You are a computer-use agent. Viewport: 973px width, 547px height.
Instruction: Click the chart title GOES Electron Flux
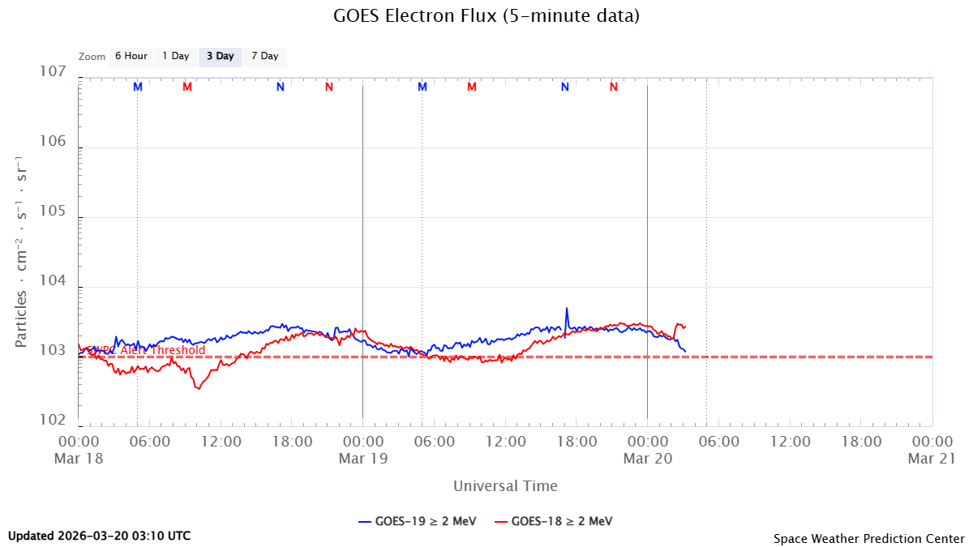486,16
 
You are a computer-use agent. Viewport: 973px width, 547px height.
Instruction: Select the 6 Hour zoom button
131,57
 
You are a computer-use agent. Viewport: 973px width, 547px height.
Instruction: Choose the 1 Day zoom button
176,57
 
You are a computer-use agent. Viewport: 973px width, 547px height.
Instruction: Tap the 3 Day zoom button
221,57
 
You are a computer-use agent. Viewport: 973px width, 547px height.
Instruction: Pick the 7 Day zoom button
265,57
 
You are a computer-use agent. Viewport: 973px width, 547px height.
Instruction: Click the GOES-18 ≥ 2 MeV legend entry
555,521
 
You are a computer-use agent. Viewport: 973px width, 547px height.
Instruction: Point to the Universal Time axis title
505,486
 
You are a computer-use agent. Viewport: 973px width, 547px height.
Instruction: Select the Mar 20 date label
646,458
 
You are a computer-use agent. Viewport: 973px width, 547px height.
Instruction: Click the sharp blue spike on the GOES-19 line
567,309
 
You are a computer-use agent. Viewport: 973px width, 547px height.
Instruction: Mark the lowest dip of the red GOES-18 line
197,388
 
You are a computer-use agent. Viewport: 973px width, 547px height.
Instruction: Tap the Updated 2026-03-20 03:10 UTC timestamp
100,536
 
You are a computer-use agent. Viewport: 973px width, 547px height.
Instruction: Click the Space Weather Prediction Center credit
868,538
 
